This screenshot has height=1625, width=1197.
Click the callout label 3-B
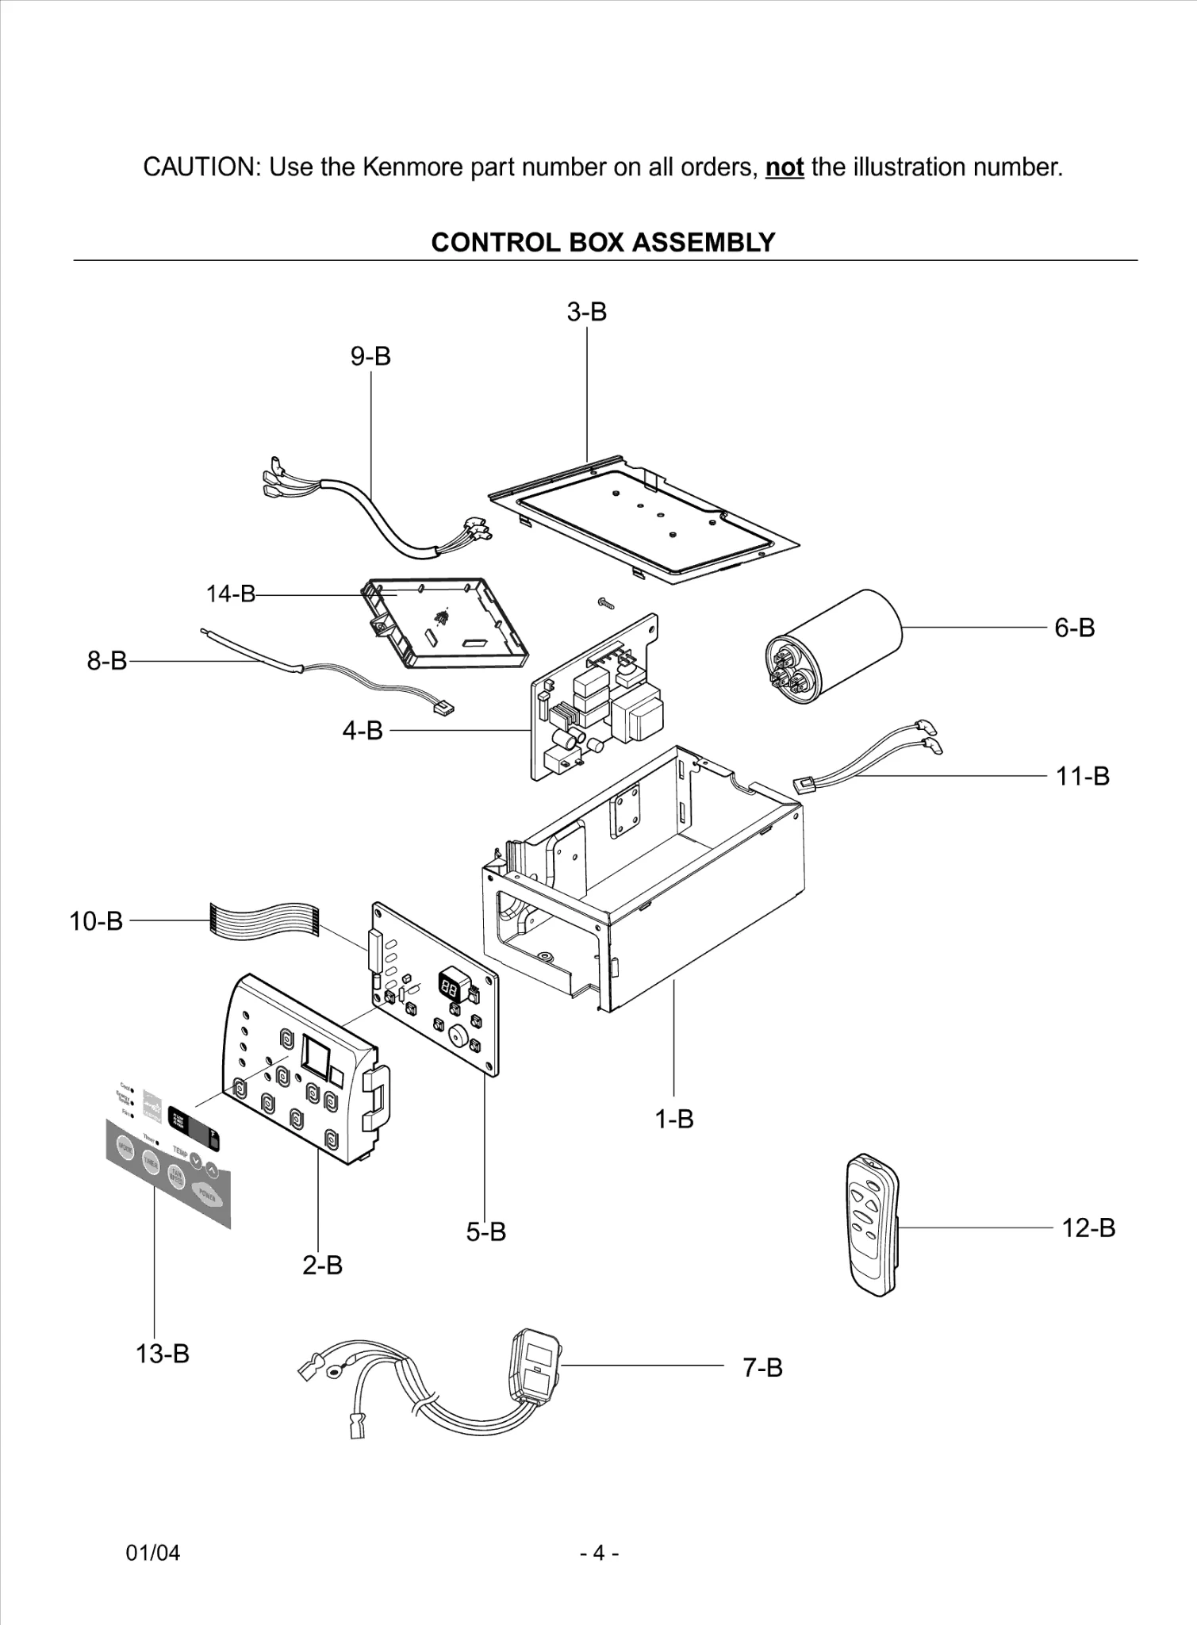[586, 312]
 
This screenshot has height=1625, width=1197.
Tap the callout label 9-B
[370, 356]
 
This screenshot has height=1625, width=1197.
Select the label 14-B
[231, 594]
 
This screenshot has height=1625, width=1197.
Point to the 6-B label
[1074, 628]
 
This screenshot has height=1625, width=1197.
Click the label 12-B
[1088, 1227]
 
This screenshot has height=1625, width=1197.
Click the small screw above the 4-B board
[605, 604]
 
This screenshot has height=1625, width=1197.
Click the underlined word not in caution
[785, 167]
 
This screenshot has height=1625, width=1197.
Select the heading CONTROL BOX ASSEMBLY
[603, 242]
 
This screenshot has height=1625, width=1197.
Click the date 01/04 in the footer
[153, 1553]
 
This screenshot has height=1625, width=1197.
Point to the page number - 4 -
[599, 1553]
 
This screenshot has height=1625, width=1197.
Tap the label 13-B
[162, 1353]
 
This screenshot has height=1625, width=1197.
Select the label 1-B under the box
[673, 1119]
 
